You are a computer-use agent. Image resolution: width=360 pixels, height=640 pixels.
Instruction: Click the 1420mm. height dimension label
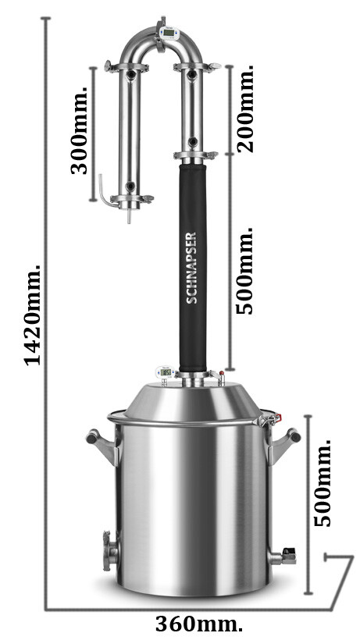click(x=32, y=315)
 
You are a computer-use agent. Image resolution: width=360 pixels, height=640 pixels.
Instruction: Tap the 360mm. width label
click(x=199, y=624)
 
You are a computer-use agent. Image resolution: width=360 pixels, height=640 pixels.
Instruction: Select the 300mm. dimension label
click(x=79, y=130)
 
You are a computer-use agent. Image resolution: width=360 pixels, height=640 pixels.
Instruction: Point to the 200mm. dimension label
click(x=245, y=108)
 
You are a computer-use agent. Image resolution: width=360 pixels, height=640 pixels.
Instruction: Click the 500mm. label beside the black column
click(x=244, y=271)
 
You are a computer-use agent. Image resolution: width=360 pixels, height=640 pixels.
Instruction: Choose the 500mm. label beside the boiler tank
click(x=323, y=483)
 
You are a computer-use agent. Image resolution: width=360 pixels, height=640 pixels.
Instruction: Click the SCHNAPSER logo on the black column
click(x=191, y=268)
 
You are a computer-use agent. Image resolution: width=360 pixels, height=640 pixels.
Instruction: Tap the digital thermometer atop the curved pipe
click(x=169, y=33)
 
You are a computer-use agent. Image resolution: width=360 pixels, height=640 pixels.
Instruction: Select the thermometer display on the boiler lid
click(x=166, y=372)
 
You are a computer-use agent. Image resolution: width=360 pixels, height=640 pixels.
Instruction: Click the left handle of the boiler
click(x=102, y=446)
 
